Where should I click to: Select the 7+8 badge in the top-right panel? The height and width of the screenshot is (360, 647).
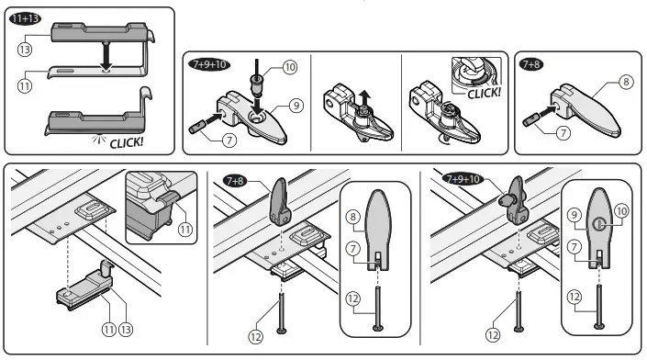coord(531,64)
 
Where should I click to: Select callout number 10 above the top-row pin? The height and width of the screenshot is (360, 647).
coord(290,67)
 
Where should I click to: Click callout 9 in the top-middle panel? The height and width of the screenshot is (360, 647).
coord(296,106)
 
